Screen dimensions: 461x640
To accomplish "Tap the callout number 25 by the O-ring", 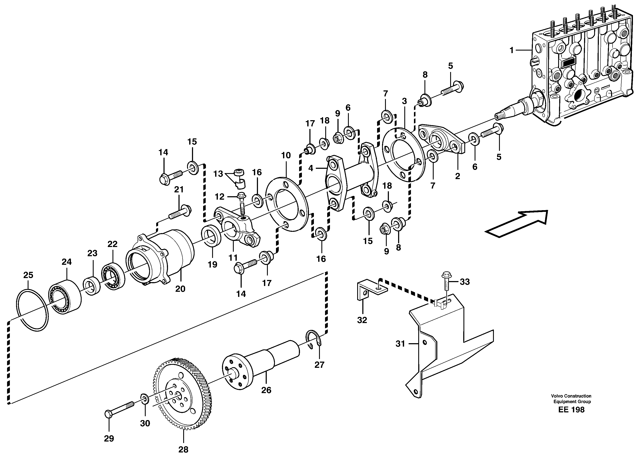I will click(x=28, y=275).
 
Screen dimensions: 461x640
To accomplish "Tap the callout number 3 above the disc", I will click(x=404, y=101).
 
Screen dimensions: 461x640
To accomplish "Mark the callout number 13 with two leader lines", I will click(x=218, y=174).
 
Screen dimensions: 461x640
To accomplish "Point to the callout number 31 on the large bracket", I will click(x=400, y=344).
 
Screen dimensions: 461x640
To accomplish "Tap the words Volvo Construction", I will click(x=571, y=396).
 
